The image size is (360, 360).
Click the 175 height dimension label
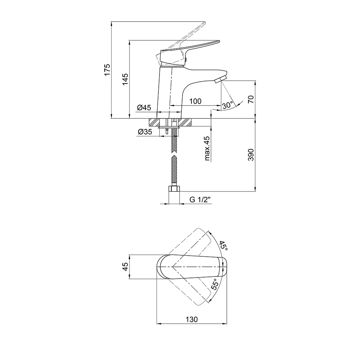click(x=107, y=70)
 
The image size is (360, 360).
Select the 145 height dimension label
click(x=125, y=80)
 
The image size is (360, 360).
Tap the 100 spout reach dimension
click(x=195, y=101)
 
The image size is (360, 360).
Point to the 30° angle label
click(x=228, y=105)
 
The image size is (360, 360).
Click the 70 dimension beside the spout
click(x=251, y=99)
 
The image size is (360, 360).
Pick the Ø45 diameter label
click(x=144, y=107)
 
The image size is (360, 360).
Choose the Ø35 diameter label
click(x=145, y=132)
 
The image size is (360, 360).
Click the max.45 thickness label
click(x=207, y=148)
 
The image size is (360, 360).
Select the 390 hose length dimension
click(x=251, y=155)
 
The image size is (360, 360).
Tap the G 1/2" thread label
click(x=200, y=200)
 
